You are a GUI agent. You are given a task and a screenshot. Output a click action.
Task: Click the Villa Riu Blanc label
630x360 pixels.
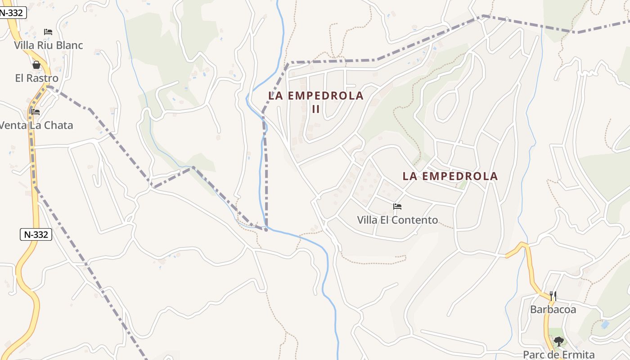(49, 45)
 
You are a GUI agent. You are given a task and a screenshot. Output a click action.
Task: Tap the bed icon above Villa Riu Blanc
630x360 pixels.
(48, 32)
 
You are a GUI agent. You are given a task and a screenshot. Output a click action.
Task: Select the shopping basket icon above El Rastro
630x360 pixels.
(36, 65)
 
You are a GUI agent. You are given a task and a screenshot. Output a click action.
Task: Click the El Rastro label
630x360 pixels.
(36, 78)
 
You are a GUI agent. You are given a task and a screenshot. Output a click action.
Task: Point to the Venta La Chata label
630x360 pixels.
(36, 125)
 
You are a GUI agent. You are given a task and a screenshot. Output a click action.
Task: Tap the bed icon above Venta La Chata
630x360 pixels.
(36, 112)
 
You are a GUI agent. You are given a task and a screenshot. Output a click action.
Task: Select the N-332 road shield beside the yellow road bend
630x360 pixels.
(36, 234)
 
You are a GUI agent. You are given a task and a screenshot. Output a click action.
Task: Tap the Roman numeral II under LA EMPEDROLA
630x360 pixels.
(316, 108)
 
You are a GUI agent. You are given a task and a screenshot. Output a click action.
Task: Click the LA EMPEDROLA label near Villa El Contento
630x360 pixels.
(450, 176)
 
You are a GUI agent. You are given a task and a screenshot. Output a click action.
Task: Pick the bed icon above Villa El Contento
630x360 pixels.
(397, 207)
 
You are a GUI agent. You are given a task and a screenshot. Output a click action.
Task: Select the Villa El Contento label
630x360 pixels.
(397, 220)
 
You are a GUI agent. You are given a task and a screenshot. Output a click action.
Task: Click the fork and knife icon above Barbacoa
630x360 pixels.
(553, 296)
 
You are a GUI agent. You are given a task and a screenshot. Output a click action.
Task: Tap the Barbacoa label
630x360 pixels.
(553, 309)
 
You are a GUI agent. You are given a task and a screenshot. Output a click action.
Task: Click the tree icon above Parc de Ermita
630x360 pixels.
(558, 342)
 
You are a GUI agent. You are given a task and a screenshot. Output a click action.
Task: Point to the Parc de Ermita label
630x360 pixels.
(558, 355)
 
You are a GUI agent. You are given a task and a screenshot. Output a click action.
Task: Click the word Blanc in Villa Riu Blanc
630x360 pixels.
(69, 45)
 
